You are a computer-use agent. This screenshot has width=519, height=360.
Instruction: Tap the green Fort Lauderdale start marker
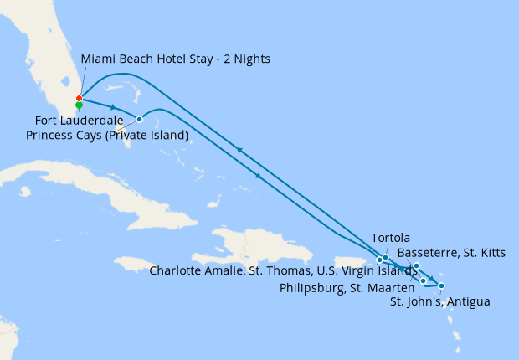tap(79, 105)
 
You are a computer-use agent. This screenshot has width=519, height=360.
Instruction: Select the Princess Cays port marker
tap(139, 119)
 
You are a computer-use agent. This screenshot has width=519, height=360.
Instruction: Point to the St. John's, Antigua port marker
tap(441, 286)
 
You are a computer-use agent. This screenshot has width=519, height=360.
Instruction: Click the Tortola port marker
tap(385, 257)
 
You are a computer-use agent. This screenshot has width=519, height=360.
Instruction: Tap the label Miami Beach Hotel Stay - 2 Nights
tap(175, 59)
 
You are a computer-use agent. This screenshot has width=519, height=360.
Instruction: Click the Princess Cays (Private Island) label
tap(107, 134)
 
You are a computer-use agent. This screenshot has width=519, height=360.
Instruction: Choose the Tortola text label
tap(390, 238)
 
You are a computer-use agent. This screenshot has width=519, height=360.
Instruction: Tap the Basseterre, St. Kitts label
tap(451, 252)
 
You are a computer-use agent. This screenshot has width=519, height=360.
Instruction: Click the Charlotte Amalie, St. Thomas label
tap(284, 270)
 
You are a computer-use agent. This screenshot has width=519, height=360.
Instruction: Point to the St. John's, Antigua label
tap(440, 301)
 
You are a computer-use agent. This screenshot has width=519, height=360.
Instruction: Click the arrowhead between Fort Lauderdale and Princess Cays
tap(112, 107)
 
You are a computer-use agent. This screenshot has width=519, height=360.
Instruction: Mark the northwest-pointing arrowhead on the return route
tap(239, 150)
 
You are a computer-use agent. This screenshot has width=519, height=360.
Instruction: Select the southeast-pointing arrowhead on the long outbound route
tap(258, 176)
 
